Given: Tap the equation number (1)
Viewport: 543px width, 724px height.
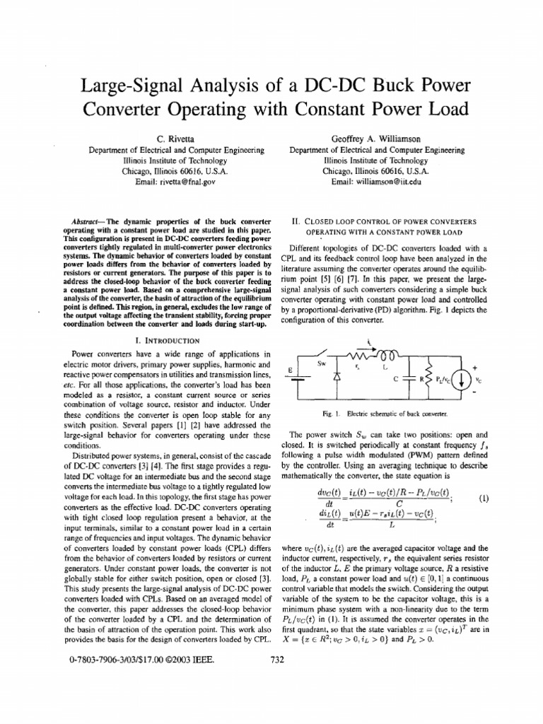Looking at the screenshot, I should click(x=484, y=498).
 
